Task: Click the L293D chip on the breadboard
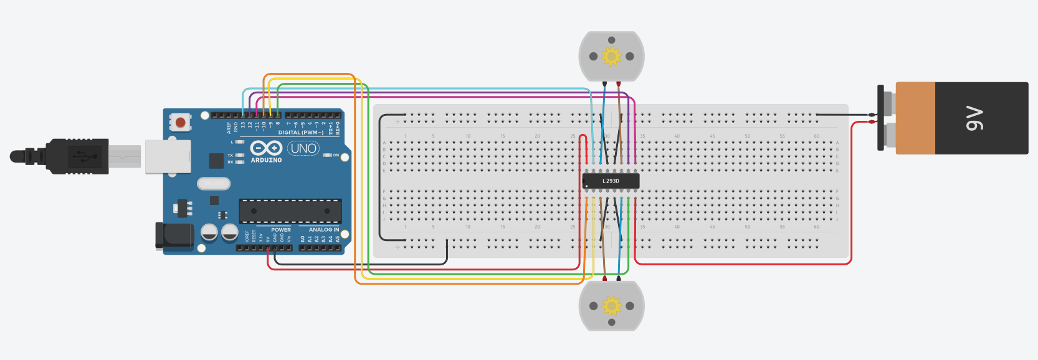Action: [x=611, y=181]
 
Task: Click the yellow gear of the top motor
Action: [x=611, y=56]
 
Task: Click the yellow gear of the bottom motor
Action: [x=611, y=306]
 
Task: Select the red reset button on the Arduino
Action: [x=180, y=122]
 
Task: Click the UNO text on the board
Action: [x=303, y=148]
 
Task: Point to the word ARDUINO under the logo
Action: [x=266, y=160]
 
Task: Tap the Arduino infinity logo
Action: [x=266, y=148]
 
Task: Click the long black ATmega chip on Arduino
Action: [x=290, y=211]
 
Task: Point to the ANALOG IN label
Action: [x=324, y=230]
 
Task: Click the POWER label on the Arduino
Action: [x=280, y=230]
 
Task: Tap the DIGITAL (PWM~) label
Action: [x=300, y=133]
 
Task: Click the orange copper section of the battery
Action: [x=915, y=118]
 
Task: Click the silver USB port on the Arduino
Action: [x=168, y=156]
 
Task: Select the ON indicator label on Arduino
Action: [x=335, y=155]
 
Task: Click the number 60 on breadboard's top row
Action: [x=816, y=136]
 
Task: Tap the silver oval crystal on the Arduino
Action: [x=214, y=183]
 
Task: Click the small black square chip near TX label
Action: [x=216, y=161]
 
